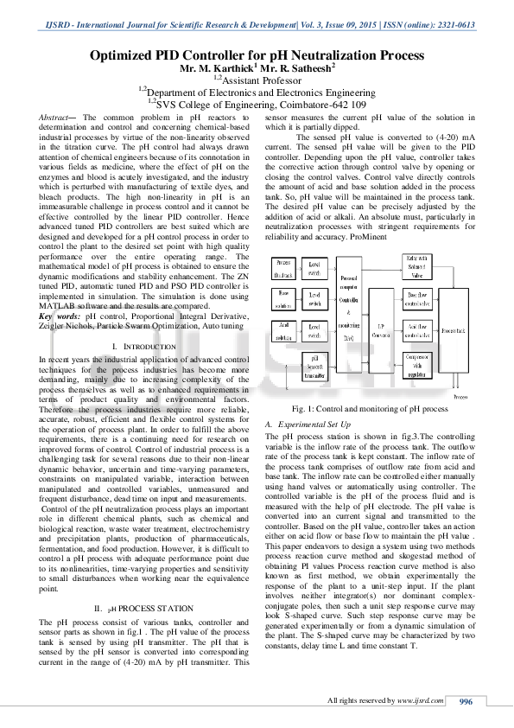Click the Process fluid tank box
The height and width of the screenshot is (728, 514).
pos(283,266)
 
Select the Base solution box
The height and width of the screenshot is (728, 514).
pos(283,298)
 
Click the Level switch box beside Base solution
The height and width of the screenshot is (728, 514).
pos(314,298)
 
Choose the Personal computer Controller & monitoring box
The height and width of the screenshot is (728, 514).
pos(349,308)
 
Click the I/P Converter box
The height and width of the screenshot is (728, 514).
pos(381,332)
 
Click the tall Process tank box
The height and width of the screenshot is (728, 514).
pos(455,329)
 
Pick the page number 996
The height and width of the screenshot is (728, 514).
pos(467,700)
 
